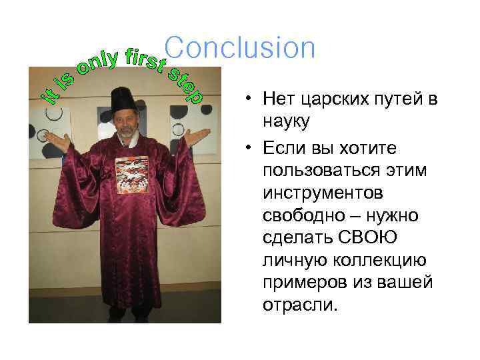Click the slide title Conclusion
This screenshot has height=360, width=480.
tap(239, 48)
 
